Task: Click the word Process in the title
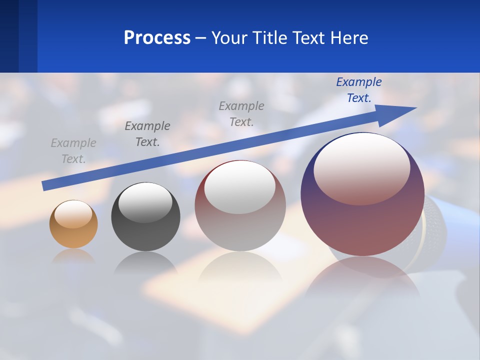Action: [x=157, y=38]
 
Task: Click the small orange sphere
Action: [x=73, y=224]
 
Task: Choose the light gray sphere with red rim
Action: [x=240, y=206]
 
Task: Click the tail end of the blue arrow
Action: [x=45, y=185]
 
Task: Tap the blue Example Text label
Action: [x=359, y=90]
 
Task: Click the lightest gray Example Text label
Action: [x=73, y=151]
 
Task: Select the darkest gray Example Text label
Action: [x=147, y=134]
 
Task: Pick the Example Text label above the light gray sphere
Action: [x=241, y=113]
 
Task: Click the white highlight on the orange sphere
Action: [x=73, y=214]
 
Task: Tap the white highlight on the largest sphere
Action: [x=361, y=167]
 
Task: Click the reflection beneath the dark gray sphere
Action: [x=145, y=262]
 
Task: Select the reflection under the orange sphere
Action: [x=73, y=256]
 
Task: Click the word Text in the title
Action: [x=310, y=38]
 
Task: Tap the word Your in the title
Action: [x=229, y=38]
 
